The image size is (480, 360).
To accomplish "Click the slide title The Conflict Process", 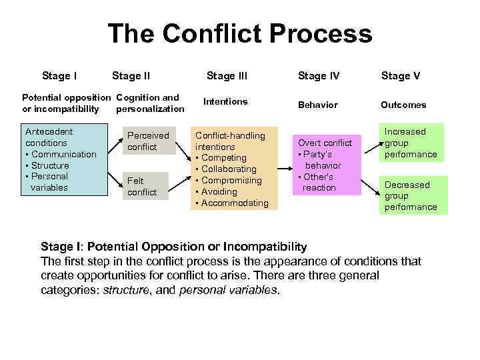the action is click(x=239, y=34).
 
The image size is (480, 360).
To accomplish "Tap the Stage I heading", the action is click(x=59, y=75).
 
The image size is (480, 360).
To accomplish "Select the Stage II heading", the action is click(x=131, y=75).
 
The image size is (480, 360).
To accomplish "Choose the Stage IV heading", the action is click(x=319, y=75).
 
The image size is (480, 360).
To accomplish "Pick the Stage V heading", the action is click(x=400, y=75).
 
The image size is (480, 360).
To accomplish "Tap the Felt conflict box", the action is click(x=143, y=186).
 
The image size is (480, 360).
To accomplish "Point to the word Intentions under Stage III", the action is click(x=225, y=101).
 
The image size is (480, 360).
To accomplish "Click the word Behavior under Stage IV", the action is click(x=318, y=105).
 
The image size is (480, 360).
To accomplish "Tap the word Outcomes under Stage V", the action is click(x=403, y=105).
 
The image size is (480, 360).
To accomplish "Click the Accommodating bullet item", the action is click(x=235, y=203).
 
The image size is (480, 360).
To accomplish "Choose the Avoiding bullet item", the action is click(x=219, y=191).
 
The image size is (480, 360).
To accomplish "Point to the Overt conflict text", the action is click(x=325, y=143).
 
